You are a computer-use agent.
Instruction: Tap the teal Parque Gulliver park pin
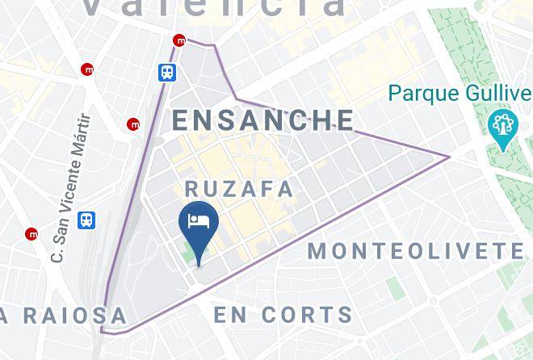click(502, 127)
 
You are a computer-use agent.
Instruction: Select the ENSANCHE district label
click(263, 120)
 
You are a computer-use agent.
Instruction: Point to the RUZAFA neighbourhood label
click(239, 189)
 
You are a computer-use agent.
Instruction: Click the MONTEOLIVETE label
click(417, 251)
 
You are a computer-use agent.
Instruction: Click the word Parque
click(417, 94)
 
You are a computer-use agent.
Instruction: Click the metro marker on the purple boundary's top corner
click(179, 40)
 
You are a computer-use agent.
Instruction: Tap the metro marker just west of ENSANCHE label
click(133, 124)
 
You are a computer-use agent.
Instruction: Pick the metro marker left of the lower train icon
click(31, 234)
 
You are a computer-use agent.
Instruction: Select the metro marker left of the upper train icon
click(87, 70)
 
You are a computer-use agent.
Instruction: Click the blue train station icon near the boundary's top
click(167, 71)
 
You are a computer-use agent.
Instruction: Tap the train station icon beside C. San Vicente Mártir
click(86, 220)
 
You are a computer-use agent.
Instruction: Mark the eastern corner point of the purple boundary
click(449, 157)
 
